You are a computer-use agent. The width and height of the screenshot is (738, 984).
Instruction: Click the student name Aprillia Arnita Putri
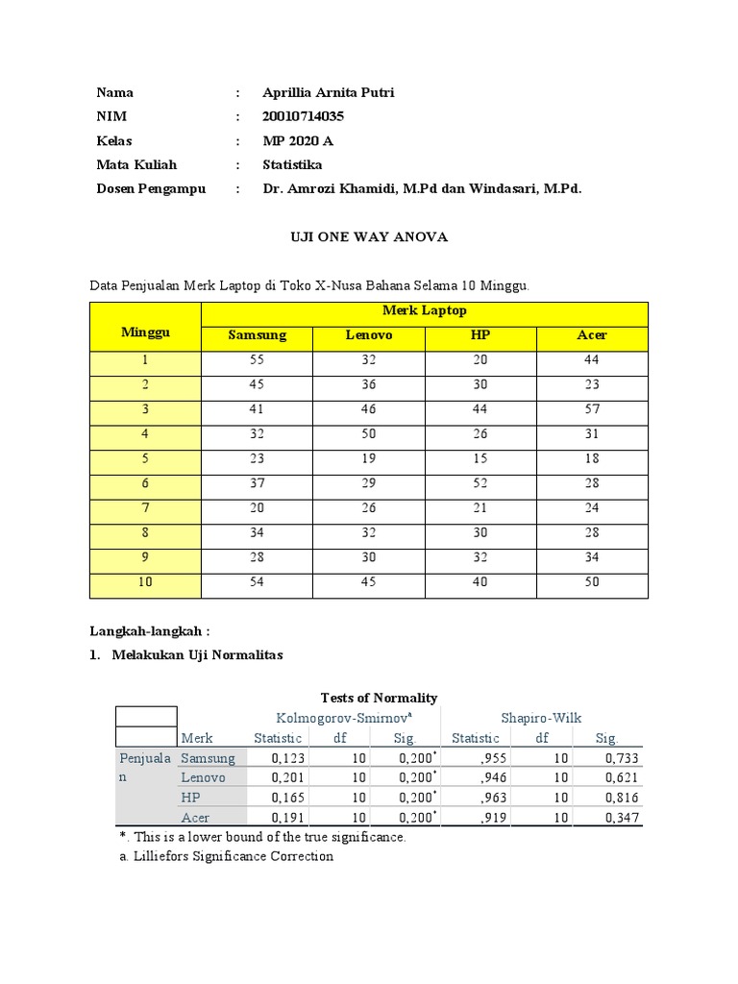(x=328, y=93)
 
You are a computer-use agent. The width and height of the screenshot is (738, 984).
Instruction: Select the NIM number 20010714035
(x=303, y=117)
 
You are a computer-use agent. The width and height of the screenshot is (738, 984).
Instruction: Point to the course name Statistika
(x=293, y=165)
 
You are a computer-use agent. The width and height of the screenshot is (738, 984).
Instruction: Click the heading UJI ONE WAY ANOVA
(x=369, y=237)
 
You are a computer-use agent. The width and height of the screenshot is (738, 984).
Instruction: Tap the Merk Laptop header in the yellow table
(x=424, y=311)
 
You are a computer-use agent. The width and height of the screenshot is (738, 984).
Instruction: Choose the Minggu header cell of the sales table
(x=145, y=332)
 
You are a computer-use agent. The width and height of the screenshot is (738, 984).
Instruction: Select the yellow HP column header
(x=480, y=336)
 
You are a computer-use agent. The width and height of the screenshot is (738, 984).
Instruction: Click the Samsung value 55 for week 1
(x=257, y=360)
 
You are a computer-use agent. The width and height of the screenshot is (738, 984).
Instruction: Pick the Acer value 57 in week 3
(x=591, y=409)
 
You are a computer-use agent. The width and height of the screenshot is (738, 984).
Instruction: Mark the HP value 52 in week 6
(x=480, y=483)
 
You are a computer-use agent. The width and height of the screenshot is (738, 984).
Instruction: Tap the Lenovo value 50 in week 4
(x=368, y=434)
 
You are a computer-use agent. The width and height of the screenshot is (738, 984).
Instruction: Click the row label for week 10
(x=145, y=582)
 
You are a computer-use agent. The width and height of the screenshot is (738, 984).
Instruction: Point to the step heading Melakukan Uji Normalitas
(x=197, y=655)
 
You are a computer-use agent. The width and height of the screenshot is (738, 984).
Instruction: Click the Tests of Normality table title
(x=378, y=698)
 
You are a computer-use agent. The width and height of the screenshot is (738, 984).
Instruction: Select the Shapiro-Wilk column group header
(x=541, y=718)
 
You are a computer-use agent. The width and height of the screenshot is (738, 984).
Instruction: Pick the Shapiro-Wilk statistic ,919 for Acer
(x=485, y=818)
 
